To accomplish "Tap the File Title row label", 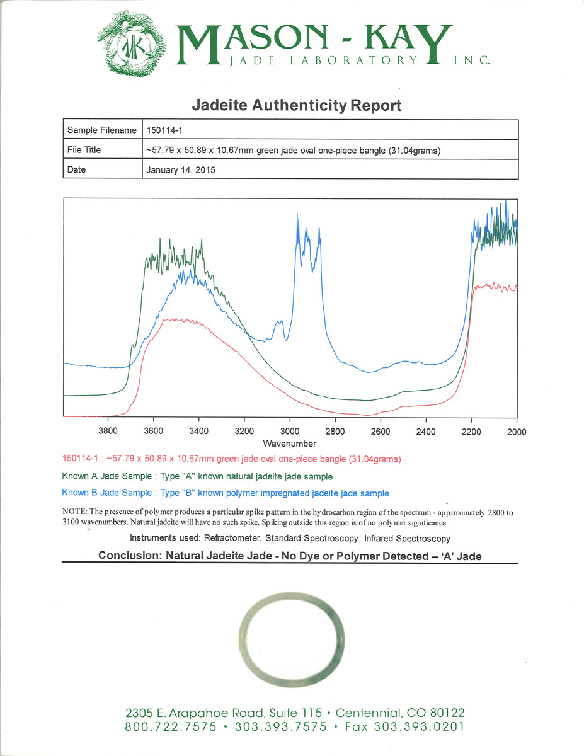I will point(84,150).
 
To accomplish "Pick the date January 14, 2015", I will point(181,169).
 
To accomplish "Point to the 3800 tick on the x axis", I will point(108,432).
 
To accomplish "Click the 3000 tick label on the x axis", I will point(290,432).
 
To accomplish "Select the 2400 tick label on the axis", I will point(426,432).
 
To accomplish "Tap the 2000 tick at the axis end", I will point(517,432).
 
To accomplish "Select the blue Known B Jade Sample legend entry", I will point(225,493).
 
